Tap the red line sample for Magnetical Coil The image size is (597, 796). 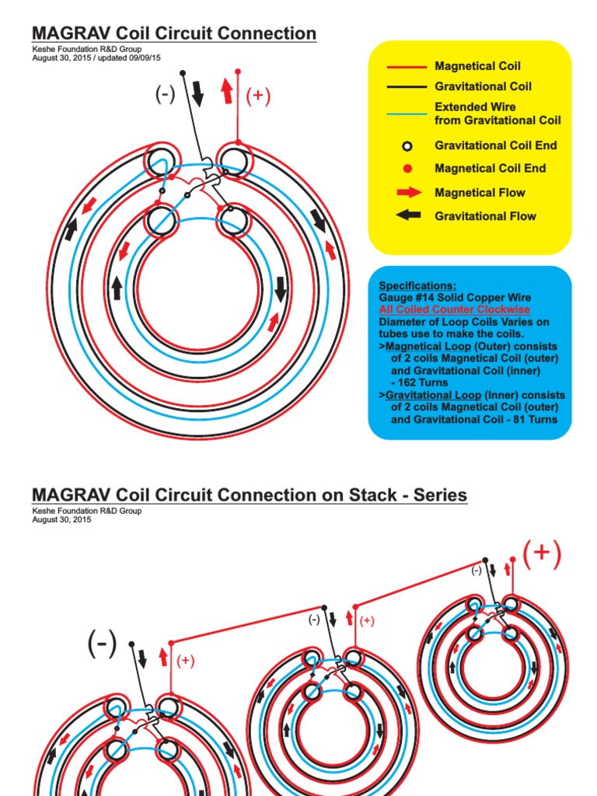pos(407,67)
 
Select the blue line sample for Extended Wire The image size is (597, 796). pos(407,113)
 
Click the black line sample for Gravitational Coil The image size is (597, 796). pos(407,87)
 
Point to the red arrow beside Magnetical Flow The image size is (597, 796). pos(408,192)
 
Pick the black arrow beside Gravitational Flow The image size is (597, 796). pos(408,215)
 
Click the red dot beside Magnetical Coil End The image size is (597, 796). pos(407,169)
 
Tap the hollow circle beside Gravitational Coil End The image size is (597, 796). pos(407,146)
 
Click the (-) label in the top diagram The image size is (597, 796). pos(165,95)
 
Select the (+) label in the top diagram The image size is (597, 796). pos(258,96)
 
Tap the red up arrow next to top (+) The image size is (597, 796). pos(226,91)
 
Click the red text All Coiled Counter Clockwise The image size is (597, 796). pos(454,309)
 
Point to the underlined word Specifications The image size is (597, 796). pos(417,286)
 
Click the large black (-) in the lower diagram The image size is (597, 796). pos(103,643)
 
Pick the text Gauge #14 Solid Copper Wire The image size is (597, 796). pos(455,298)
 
